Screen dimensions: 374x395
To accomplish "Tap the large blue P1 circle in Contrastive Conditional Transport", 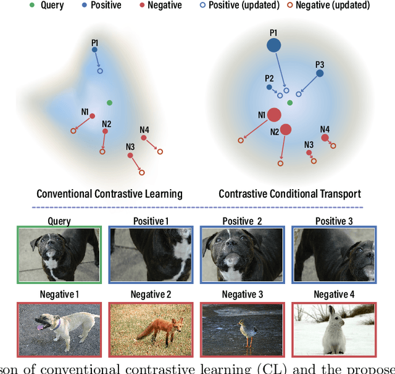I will tap(273, 45).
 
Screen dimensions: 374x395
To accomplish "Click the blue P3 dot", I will tap(320, 73).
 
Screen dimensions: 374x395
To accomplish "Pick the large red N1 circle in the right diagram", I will tap(274, 115).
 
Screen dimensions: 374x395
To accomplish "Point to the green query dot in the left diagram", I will tap(109, 102).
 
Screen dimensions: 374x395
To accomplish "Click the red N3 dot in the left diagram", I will tap(130, 156).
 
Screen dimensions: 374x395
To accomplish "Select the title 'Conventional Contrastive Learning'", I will tap(109, 193).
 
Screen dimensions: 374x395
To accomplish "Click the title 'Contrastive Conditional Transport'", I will tap(289, 193).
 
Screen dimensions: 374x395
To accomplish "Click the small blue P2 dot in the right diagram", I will tap(269, 87).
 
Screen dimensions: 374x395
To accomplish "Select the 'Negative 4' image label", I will tap(334, 294).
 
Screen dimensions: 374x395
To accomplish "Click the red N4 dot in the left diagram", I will tap(144, 138).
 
